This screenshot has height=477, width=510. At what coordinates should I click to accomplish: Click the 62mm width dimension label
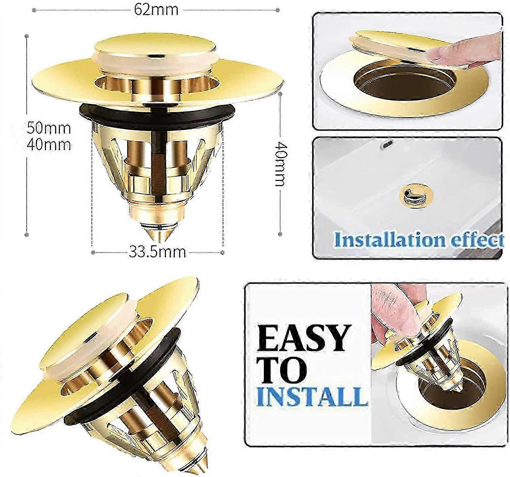point(156,10)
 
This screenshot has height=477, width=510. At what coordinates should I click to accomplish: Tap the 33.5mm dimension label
point(157,252)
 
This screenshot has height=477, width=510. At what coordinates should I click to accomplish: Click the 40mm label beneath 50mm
point(49,144)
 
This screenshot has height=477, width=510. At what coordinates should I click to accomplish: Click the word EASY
point(304,338)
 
